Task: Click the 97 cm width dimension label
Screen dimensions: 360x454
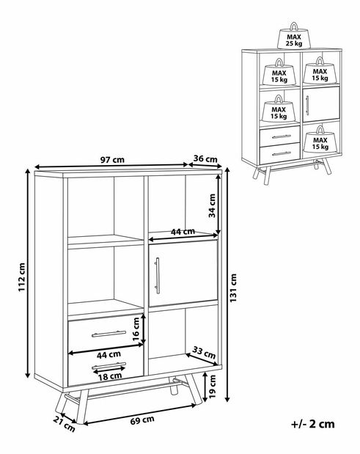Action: point(112,160)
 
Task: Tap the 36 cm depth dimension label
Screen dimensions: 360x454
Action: point(205,158)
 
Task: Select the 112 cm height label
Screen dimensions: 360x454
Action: point(22,277)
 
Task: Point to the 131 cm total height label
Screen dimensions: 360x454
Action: point(233,288)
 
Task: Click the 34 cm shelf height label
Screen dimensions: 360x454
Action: point(212,205)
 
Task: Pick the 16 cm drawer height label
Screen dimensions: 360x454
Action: point(136,329)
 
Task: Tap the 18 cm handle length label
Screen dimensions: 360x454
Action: point(110,376)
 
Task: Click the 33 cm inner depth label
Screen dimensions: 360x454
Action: point(204,352)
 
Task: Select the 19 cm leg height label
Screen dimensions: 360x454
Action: point(212,387)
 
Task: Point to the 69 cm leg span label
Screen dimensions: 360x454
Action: point(142,420)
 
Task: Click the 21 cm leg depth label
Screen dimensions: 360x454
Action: point(64,424)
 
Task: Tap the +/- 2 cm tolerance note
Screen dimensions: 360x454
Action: point(313,424)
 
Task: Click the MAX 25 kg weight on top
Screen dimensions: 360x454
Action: point(294,36)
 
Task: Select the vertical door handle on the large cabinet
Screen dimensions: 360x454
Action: point(157,275)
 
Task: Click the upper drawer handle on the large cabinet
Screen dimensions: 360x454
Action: point(109,334)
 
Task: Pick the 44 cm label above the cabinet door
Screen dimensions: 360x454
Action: point(183,232)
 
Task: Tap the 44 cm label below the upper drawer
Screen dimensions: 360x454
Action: point(109,355)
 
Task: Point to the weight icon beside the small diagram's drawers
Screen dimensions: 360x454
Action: point(320,139)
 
